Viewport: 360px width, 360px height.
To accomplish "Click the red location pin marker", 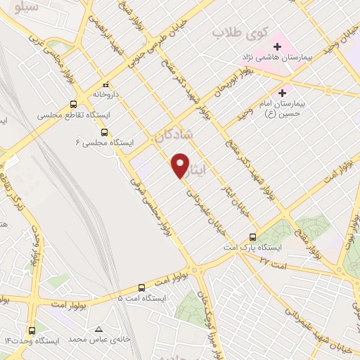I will pos(181,164).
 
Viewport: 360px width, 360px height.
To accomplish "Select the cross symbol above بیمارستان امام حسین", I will pos(283,92).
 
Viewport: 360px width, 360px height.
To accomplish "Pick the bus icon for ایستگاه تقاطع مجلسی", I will pos(73,104).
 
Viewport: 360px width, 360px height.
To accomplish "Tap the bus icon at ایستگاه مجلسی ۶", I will pos(104,131).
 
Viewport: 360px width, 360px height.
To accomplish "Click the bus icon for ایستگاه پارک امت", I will pos(252,236).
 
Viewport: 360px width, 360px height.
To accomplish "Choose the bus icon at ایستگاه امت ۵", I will pos(141,287).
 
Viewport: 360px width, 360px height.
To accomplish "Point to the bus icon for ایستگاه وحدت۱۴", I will pos(31,330).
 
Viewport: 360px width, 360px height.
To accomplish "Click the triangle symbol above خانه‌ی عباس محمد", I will pos(98,329).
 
